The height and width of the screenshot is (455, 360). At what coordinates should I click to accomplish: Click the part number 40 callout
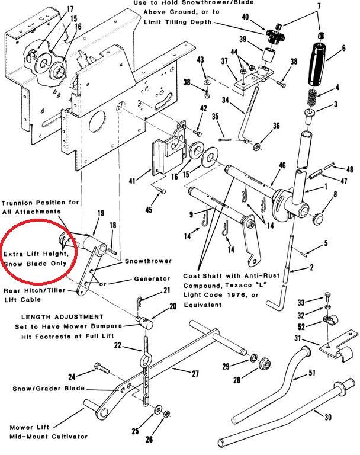[245, 17]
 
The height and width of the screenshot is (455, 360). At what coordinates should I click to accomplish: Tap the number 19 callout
[101, 213]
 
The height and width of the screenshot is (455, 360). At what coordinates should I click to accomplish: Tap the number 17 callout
[70, 9]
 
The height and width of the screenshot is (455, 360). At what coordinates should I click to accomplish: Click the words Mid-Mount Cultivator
[49, 436]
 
